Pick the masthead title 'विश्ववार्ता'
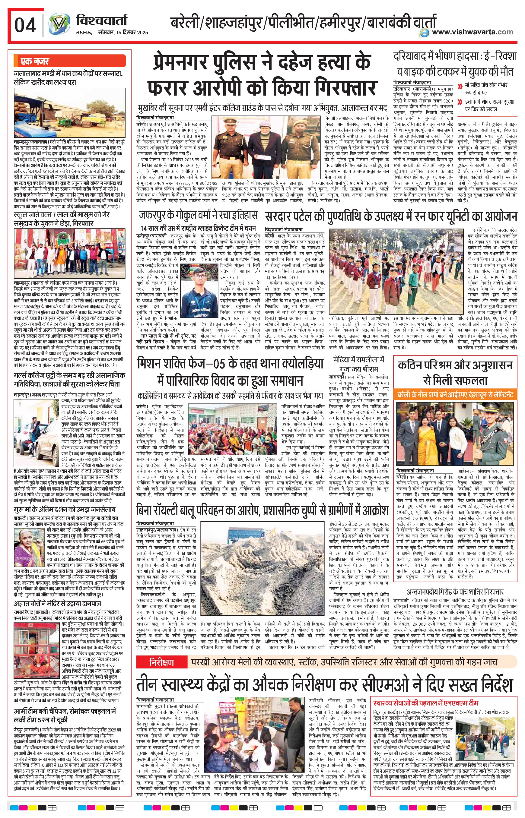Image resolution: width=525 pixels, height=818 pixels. (x=101, y=21)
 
